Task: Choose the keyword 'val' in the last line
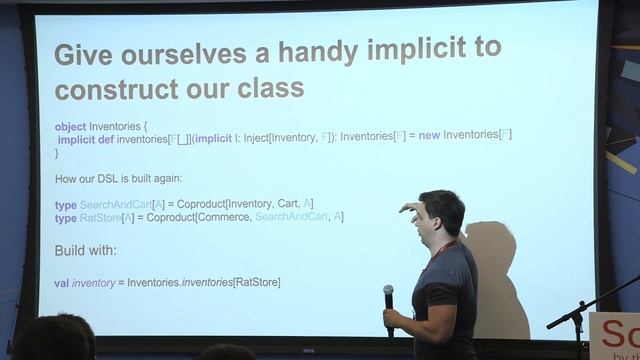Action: (61, 283)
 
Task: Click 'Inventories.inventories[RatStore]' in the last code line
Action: (204, 283)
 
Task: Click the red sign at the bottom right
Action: (612, 334)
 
